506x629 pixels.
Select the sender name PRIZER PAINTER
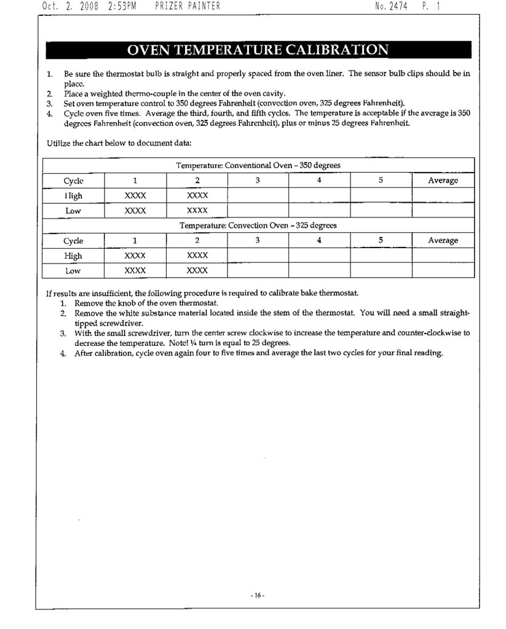tap(188, 7)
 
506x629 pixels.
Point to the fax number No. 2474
tap(391, 7)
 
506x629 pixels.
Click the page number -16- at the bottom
tap(257, 595)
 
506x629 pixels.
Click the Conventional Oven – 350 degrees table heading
tap(258, 165)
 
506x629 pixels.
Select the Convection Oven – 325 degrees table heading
tap(258, 225)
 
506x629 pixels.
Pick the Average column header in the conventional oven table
tap(443, 181)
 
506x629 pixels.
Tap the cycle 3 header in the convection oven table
tap(258, 241)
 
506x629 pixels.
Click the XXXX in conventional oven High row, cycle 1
tap(135, 195)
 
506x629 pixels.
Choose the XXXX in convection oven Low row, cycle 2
tap(197, 270)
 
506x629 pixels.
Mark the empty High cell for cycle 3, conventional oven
tap(258, 195)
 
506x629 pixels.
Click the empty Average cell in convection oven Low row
tap(443, 270)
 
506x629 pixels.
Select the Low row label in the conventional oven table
tap(73, 211)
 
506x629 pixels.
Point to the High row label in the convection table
tap(73, 256)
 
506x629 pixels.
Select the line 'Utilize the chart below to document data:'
tap(119, 144)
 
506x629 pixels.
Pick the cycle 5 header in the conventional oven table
tap(381, 181)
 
